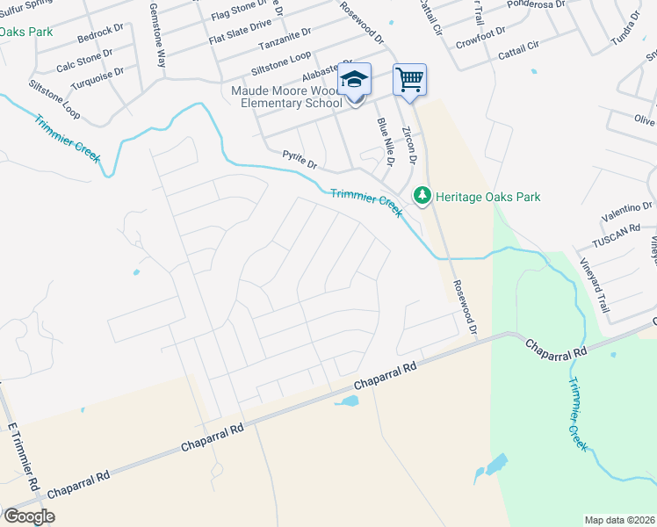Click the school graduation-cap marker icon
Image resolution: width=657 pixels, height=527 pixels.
(x=354, y=80)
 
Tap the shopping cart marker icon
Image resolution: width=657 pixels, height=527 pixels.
(x=409, y=80)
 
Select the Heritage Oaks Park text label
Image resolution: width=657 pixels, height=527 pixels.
(x=488, y=197)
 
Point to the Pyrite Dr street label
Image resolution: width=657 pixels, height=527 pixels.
(x=299, y=159)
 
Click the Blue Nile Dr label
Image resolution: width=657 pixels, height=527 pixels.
(x=386, y=141)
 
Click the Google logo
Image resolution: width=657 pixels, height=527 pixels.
(x=28, y=516)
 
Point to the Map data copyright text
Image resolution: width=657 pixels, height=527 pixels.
(x=619, y=520)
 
